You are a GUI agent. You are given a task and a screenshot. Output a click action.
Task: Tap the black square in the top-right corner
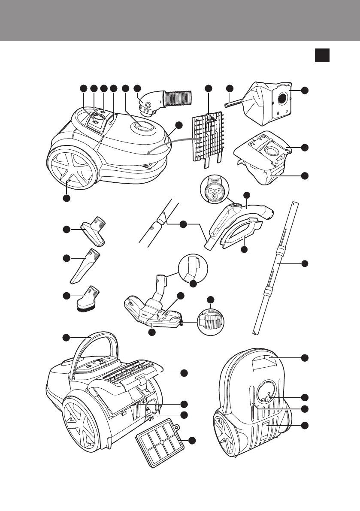pos(322,55)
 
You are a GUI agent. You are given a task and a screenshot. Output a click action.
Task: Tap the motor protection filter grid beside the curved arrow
pos(208,135)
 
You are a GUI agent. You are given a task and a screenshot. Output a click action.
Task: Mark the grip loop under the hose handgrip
pos(240,232)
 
